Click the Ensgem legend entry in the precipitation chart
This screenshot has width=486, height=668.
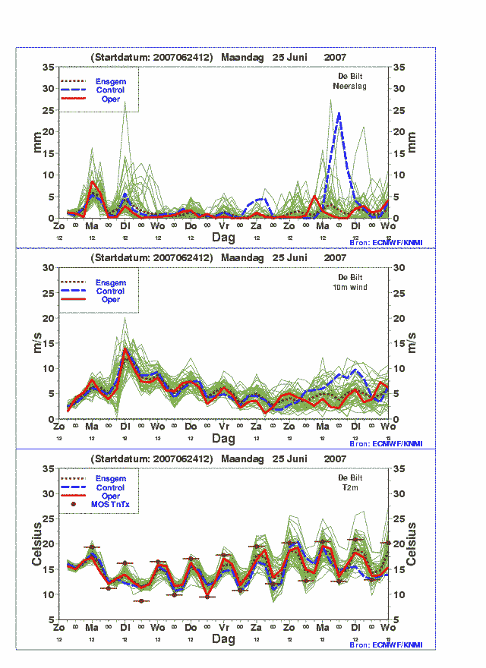click(x=110, y=81)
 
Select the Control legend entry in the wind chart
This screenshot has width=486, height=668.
click(x=110, y=291)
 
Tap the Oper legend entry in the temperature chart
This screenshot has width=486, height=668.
click(x=110, y=496)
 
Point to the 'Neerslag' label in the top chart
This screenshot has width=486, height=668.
click(x=350, y=86)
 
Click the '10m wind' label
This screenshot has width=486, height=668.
click(x=350, y=286)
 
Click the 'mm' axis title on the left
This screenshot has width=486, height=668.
click(x=36, y=143)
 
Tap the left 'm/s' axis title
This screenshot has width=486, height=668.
click(x=36, y=343)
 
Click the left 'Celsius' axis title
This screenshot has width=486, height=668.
click(x=36, y=544)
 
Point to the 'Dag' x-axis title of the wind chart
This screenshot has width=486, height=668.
click(x=223, y=439)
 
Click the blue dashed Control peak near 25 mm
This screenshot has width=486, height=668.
click(x=339, y=113)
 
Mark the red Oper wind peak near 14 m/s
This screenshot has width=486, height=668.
click(x=125, y=349)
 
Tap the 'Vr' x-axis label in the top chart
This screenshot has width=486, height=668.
click(x=224, y=226)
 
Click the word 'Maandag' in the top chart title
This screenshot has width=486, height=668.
click(x=247, y=57)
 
